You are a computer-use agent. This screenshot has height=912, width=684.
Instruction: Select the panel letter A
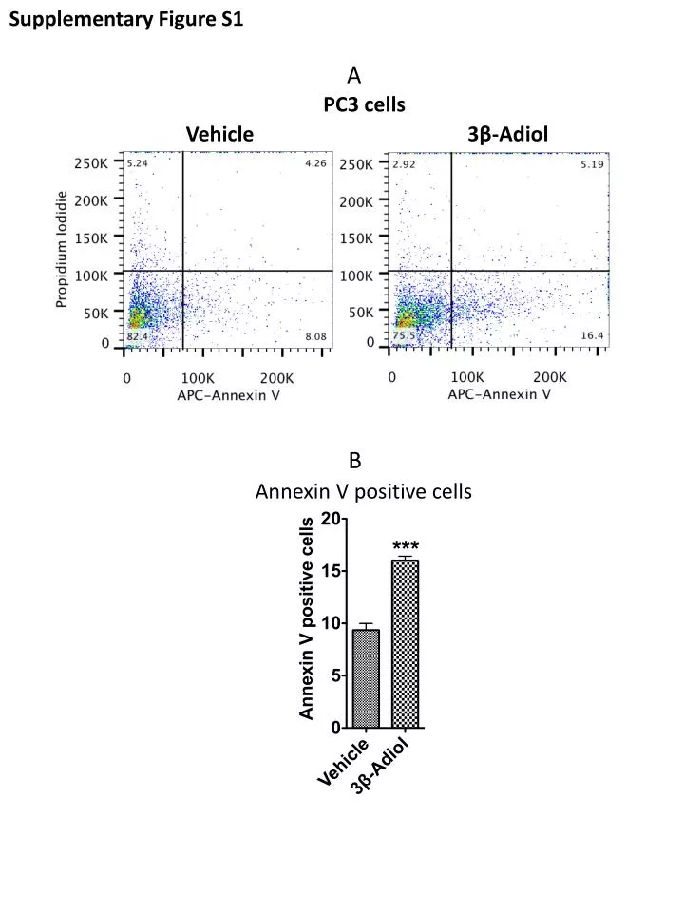pos(354,75)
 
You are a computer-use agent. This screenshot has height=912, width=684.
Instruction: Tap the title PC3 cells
pos(364,104)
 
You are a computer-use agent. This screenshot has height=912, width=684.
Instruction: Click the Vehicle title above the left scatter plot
pos(219,134)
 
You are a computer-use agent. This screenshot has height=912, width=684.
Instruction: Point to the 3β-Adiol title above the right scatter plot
pos(508,134)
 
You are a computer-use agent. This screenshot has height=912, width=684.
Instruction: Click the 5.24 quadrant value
pos(138,163)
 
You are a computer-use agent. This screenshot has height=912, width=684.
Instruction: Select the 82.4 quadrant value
pos(138,337)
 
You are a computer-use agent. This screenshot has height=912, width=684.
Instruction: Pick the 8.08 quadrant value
pos(314,337)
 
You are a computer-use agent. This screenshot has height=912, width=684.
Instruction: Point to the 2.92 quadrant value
pos(406,164)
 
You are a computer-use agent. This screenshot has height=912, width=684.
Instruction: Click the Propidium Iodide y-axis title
pos(62,250)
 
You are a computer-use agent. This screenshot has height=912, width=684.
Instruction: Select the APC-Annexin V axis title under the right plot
pos(500,394)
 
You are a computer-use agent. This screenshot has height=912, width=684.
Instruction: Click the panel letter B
pos(354,462)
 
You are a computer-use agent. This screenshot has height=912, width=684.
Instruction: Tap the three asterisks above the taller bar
pos(406,545)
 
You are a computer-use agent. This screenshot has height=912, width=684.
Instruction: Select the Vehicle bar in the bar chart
pos(366,678)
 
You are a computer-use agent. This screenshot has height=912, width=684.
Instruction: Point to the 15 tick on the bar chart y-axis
pos(332,571)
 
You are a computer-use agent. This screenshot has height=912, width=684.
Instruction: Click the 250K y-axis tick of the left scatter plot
pos(92,163)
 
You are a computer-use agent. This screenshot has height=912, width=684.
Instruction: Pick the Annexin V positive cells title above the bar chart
pos(364,491)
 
